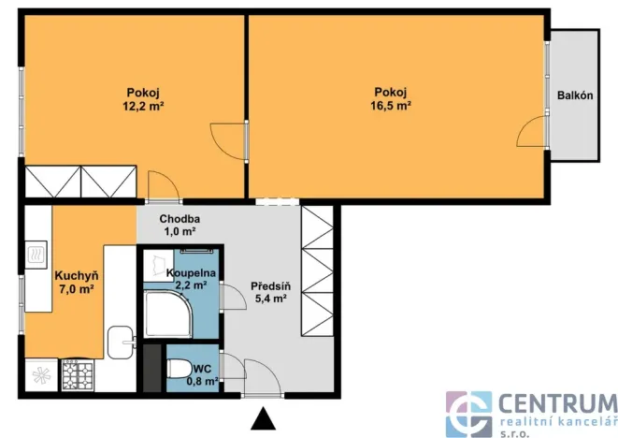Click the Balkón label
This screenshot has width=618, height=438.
coord(575,95)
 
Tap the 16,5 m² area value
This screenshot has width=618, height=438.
coord(391,106)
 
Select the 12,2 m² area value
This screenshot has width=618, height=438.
coord(143,106)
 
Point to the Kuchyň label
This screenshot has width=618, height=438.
coord(77,276)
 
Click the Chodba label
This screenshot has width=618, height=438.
coord(180,219)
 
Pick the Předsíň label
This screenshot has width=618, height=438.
coord(271,285)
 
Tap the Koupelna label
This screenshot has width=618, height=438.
coord(191,272)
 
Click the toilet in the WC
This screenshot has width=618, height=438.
coord(179,369)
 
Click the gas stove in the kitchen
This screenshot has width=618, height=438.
coord(78,375)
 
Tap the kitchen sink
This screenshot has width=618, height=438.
coord(121,343)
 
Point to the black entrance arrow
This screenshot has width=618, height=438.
coord(264,418)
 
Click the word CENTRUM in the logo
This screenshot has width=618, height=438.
coord(558,403)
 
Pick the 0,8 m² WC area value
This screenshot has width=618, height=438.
coord(203,381)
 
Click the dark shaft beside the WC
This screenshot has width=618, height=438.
coord(152,368)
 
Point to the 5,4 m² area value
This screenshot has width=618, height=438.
coord(270,299)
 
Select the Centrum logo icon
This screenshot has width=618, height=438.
coord(468,415)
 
